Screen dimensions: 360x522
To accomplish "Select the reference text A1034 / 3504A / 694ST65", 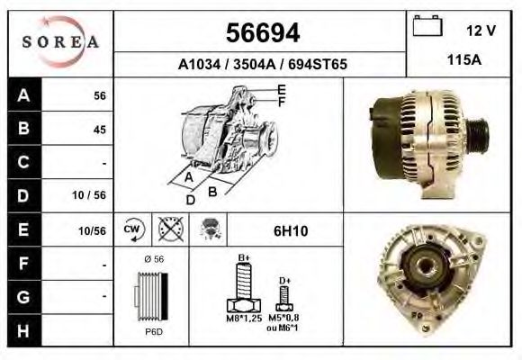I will click(x=262, y=65).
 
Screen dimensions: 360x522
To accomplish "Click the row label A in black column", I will click(x=22, y=96).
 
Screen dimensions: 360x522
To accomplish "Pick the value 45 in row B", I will click(x=99, y=130).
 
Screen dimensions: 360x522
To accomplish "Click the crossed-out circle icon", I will click(x=168, y=229).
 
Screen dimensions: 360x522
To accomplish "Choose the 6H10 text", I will click(x=290, y=230).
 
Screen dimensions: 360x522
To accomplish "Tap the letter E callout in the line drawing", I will click(x=282, y=89).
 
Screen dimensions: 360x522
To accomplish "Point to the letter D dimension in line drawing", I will click(x=191, y=199).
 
